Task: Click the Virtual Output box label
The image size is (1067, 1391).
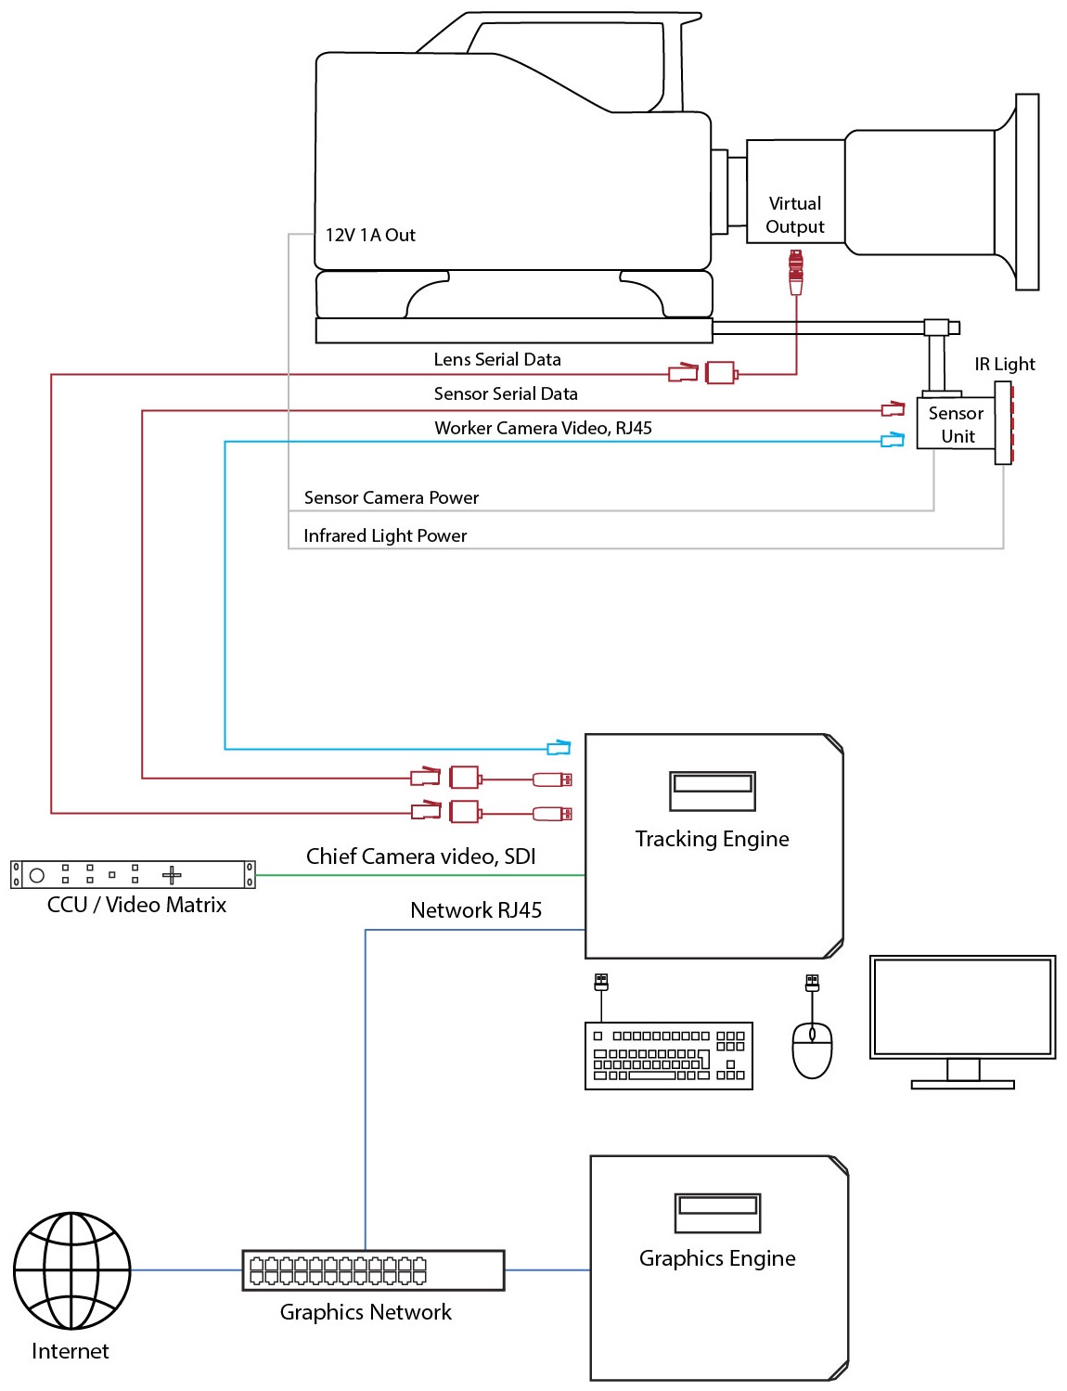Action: coord(794,214)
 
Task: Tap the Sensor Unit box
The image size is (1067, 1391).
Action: coord(956,424)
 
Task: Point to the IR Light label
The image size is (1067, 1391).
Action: coord(1004,364)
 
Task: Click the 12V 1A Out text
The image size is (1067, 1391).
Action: coord(370,235)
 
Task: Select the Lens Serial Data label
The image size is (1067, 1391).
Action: coord(497,359)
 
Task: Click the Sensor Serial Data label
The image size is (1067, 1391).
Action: coord(506,393)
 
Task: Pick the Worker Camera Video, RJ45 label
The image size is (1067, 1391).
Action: coord(543,428)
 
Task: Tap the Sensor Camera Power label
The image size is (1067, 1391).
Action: coord(391,497)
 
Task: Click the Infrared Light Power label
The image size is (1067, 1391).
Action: coord(385,535)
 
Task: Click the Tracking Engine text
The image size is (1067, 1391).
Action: coord(712,839)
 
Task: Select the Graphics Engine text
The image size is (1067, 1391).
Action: coord(717,1258)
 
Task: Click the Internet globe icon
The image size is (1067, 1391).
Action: coord(71,1269)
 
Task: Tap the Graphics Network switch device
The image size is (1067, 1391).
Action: coord(373,1269)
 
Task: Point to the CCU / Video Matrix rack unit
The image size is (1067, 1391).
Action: coord(133,874)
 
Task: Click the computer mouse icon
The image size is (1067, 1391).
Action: coord(812,1050)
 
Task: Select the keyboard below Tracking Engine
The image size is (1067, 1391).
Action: coord(668,1056)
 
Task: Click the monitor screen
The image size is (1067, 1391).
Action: coord(962,1007)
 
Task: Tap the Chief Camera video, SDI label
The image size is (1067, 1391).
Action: coord(421,856)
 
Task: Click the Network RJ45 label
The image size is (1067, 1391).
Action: coord(475,909)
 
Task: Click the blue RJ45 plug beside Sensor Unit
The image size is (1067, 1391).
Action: coord(893,440)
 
